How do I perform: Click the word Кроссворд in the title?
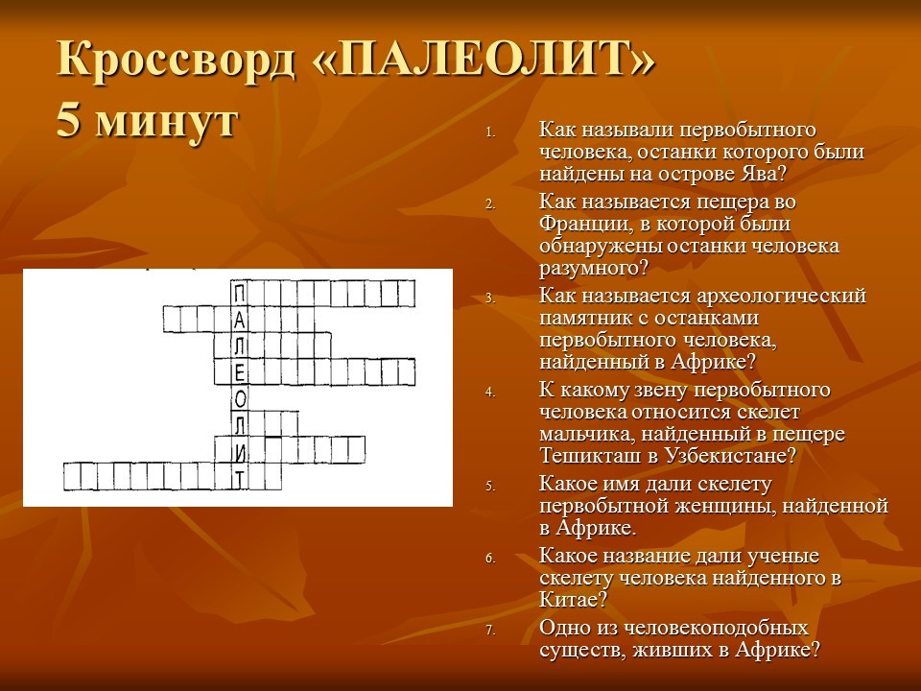click(x=175, y=59)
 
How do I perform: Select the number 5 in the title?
click(x=68, y=122)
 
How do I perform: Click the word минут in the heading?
click(x=166, y=124)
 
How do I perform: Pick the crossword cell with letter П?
click(x=239, y=294)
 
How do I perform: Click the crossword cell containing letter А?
click(x=239, y=320)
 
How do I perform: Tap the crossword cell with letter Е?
click(x=239, y=372)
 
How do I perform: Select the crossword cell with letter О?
click(x=239, y=398)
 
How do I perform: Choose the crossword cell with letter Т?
click(x=239, y=477)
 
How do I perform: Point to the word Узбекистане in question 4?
click(x=731, y=456)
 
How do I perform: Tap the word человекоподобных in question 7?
click(x=716, y=628)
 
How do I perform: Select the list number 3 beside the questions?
click(x=490, y=298)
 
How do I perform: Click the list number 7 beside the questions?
click(x=490, y=631)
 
